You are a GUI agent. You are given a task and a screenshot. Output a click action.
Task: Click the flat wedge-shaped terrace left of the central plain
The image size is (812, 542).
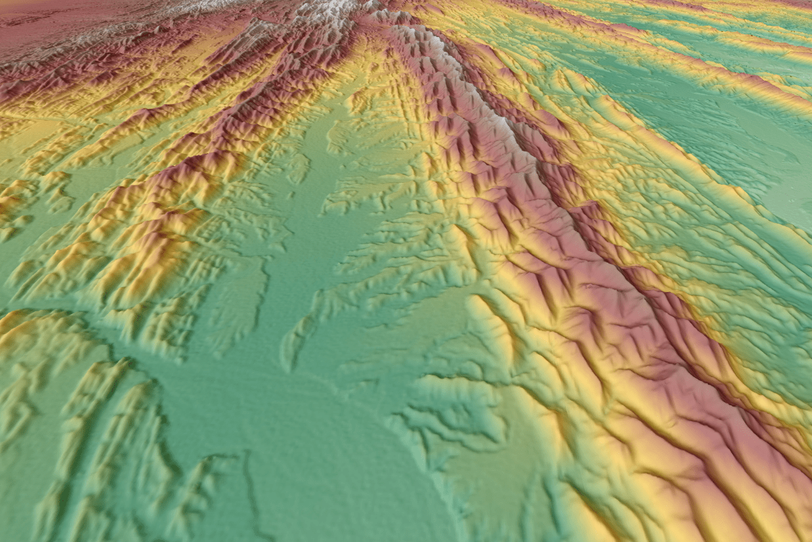pyautogui.click(x=243, y=294)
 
